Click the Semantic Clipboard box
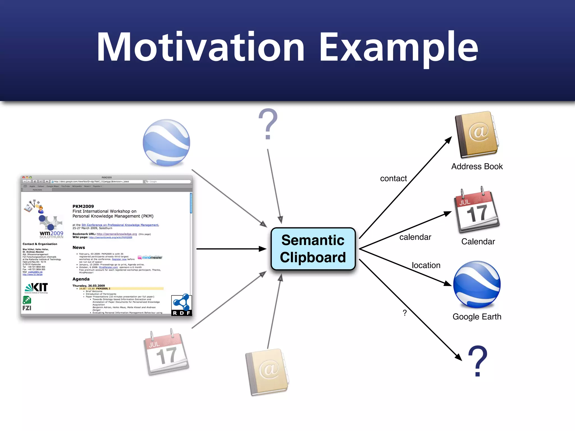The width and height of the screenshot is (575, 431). tap(313, 249)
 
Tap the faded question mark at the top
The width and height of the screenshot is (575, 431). tap(268, 124)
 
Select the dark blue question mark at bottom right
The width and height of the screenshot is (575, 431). tap(478, 361)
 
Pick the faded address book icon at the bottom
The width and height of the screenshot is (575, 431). tap(267, 372)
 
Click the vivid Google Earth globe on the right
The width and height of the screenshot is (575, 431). tap(477, 284)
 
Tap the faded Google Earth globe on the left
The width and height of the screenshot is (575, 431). tap(166, 143)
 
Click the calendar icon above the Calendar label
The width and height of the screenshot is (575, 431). tap(477, 210)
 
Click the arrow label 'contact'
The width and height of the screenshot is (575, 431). tap(393, 178)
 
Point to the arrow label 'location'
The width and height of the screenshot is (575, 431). tap(426, 265)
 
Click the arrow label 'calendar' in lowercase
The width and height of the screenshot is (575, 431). tap(415, 237)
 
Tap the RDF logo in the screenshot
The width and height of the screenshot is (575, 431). tap(181, 305)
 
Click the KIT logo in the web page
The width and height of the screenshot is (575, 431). tap(36, 288)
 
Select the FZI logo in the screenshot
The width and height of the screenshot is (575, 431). tap(27, 304)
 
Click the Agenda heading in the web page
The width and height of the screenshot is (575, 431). tap(81, 279)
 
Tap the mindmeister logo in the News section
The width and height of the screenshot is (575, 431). tap(150, 257)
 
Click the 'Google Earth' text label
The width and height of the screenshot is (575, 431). tap(477, 317)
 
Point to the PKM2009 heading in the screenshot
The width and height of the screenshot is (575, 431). tap(83, 206)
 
